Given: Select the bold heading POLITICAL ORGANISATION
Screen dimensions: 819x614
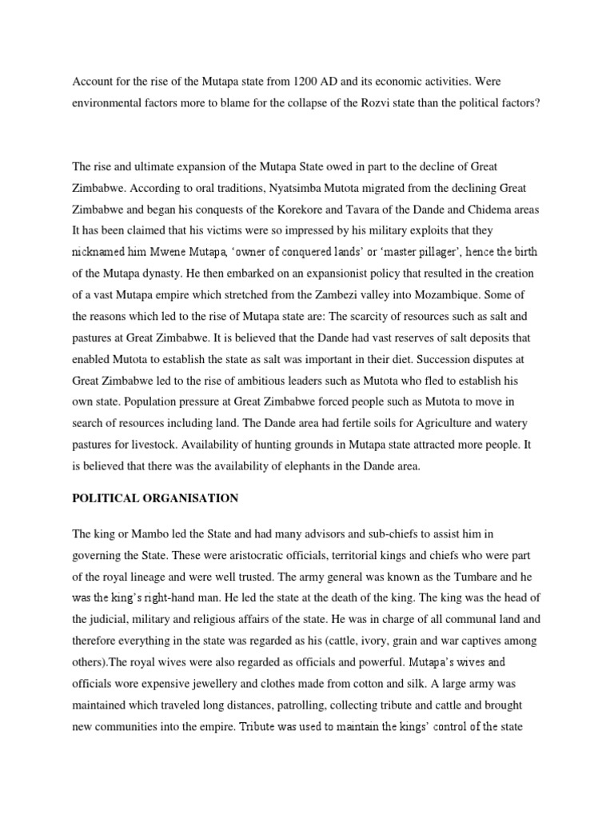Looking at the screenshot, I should click(155, 498).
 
